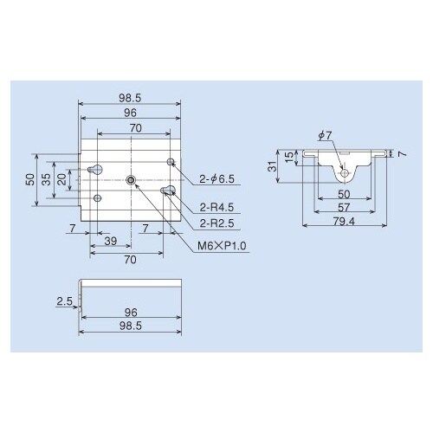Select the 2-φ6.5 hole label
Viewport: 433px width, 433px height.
click(x=217, y=179)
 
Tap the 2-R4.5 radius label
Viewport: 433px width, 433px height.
click(x=216, y=207)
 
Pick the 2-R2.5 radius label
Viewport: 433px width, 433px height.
click(x=216, y=223)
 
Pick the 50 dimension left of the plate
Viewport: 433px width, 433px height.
click(x=31, y=179)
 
